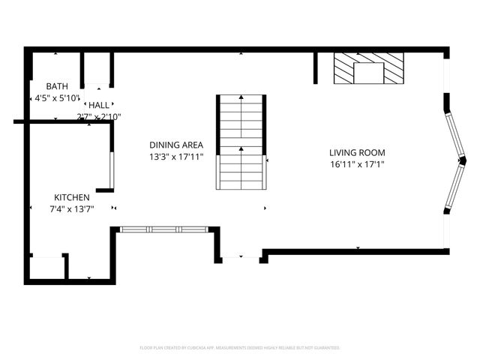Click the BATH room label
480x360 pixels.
click(56, 86)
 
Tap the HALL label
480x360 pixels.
click(99, 106)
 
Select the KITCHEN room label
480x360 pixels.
click(71, 197)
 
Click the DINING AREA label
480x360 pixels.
click(176, 145)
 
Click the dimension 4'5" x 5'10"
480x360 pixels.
click(56, 97)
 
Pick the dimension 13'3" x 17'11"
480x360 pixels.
click(176, 157)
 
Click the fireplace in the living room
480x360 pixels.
click(367, 71)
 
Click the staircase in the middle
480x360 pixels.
click(241, 142)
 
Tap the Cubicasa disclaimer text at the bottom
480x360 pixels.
click(240, 348)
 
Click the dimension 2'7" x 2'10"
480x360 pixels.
click(99, 116)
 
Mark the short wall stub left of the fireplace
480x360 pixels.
click(316, 67)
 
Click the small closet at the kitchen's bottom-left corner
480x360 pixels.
click(47, 268)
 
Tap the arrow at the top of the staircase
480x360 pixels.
click(241, 97)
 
